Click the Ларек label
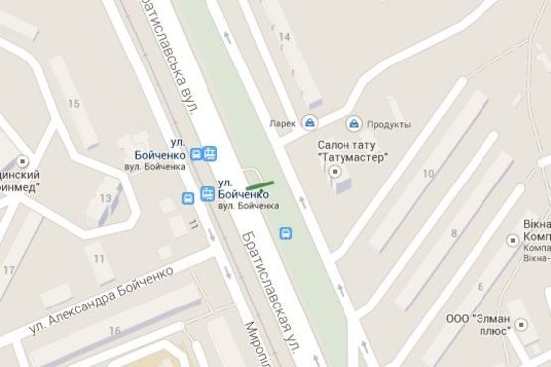[x=283, y=124]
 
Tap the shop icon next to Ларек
[x=311, y=124]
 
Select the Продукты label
[x=388, y=124]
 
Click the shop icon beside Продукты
[x=353, y=124]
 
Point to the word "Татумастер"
[x=353, y=157]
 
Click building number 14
[x=286, y=37]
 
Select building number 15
[x=73, y=103]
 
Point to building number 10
[x=428, y=174]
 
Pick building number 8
[x=454, y=233]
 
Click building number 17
[x=9, y=269]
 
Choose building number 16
[x=115, y=331]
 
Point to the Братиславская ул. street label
[x=267, y=288]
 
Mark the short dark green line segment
[x=261, y=184]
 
